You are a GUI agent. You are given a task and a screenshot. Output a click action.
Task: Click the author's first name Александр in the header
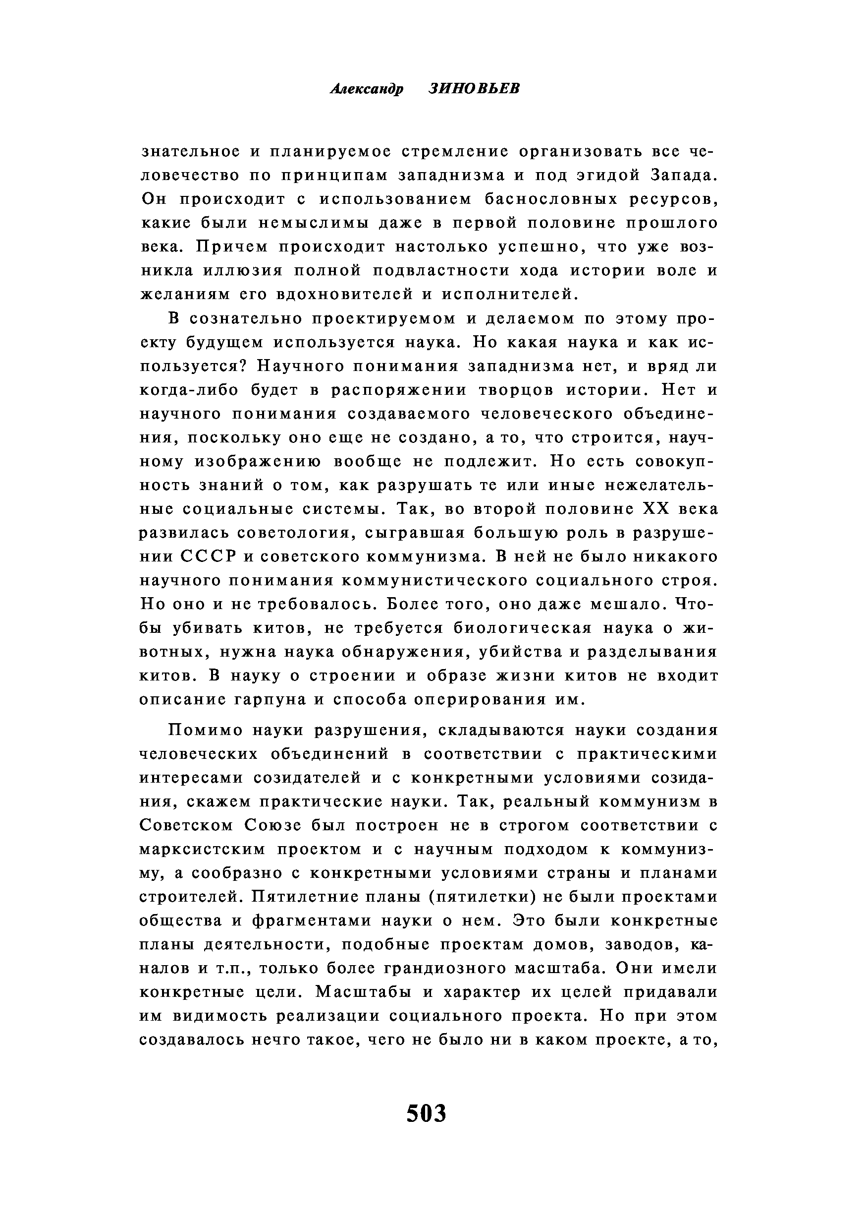[x=367, y=89]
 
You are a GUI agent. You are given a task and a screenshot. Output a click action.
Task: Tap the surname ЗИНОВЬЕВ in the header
[x=474, y=89]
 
